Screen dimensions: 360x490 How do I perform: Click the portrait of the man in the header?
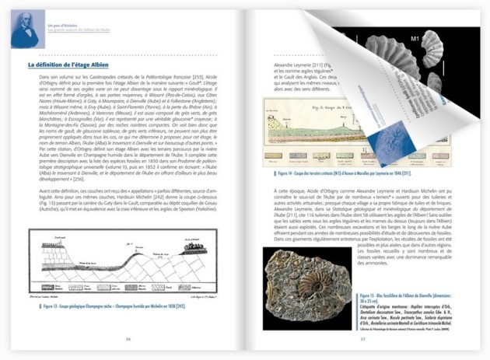point(25,28)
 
